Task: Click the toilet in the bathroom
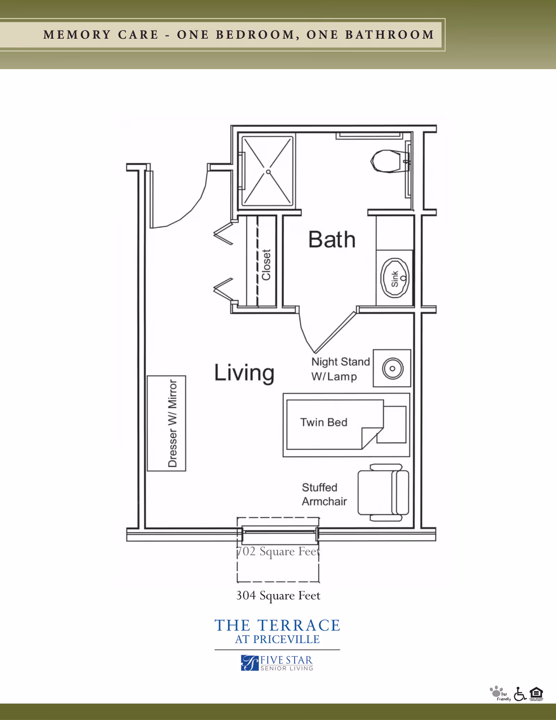pyautogui.click(x=387, y=161)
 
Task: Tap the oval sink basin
pyautogui.click(x=395, y=278)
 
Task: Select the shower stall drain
pyautogui.click(x=268, y=172)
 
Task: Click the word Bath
pyautogui.click(x=332, y=240)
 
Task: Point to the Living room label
pyautogui.click(x=244, y=373)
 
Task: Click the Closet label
pyautogui.click(x=266, y=265)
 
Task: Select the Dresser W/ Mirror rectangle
pyautogui.click(x=166, y=423)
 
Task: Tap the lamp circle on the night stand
pyautogui.click(x=393, y=369)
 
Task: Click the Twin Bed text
pyautogui.click(x=324, y=422)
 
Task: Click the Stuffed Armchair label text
pyautogui.click(x=324, y=494)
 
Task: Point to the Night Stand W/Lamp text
pyautogui.click(x=340, y=369)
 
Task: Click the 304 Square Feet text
pyautogui.click(x=278, y=596)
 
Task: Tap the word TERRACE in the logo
pyautogui.click(x=299, y=625)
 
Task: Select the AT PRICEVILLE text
pyautogui.click(x=277, y=639)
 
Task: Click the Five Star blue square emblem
pyautogui.click(x=250, y=663)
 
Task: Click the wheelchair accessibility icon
pyautogui.click(x=520, y=694)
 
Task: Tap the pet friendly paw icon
pyautogui.click(x=496, y=692)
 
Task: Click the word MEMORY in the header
pyautogui.click(x=77, y=35)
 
